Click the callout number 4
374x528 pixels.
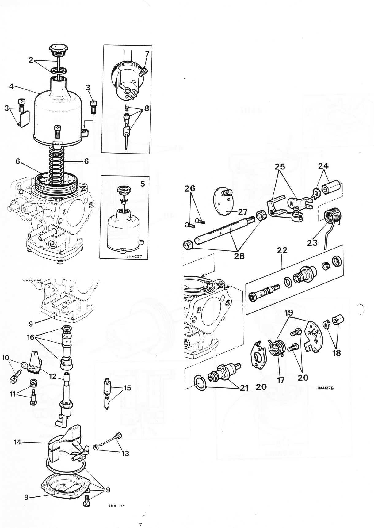pyautogui.click(x=11, y=86)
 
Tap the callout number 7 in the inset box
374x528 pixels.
pyautogui.click(x=147, y=54)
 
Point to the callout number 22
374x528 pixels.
pyautogui.click(x=282, y=250)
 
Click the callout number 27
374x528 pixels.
pyautogui.click(x=242, y=212)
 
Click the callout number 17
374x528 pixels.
pyautogui.click(x=281, y=380)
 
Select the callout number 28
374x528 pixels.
pyautogui.click(x=239, y=256)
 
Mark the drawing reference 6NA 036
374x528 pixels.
pyautogui.click(x=116, y=506)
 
